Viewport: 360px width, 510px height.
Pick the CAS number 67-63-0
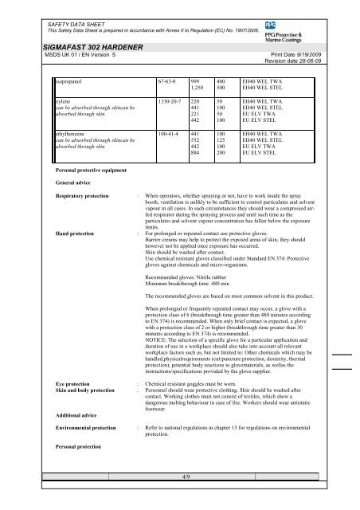pyautogui.click(x=147, y=80)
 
